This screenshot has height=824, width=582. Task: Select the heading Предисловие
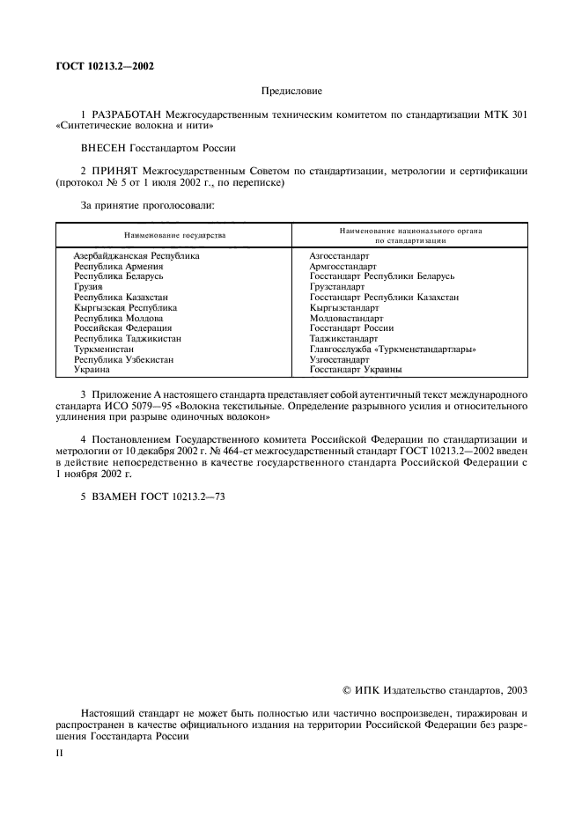coord(291,91)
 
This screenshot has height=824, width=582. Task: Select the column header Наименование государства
coord(174,236)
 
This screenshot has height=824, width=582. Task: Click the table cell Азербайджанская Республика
coord(136,256)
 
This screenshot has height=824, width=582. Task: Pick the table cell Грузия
coord(89,287)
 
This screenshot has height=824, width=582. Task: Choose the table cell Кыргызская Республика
coord(125,308)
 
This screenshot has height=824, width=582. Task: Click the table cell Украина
coord(92,371)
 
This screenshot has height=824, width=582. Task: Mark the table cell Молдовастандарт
coord(346,319)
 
